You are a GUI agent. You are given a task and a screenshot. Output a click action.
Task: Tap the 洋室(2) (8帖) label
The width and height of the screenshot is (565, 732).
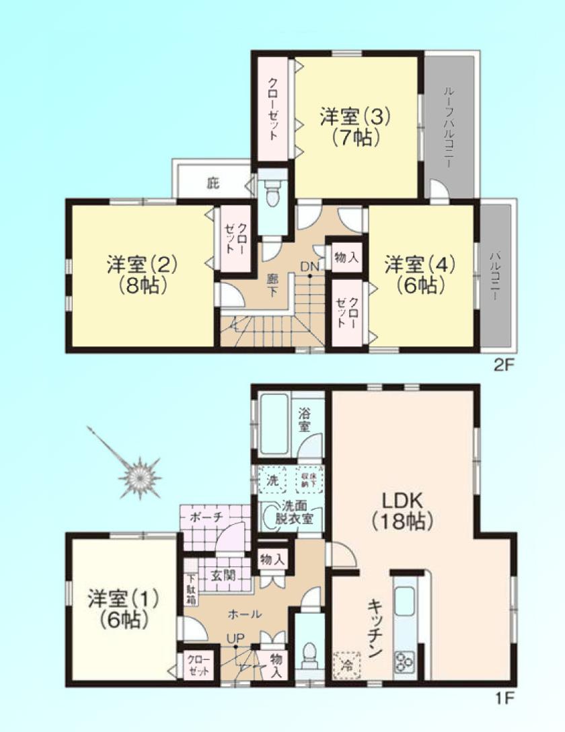click(x=141, y=274)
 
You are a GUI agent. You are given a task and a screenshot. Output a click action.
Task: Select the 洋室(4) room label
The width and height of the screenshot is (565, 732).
click(x=420, y=274)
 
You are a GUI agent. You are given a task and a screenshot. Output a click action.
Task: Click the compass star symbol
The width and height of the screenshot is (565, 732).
click(x=140, y=478)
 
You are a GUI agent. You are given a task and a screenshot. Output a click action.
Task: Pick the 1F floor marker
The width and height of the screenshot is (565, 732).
click(x=502, y=698)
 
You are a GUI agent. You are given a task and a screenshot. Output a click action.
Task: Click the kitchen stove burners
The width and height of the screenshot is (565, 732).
click(x=405, y=662)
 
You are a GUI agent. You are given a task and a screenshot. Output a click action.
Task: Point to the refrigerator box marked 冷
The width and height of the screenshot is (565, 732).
click(x=347, y=665)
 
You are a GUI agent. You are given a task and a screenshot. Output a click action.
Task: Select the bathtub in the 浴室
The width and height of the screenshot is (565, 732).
click(x=274, y=424)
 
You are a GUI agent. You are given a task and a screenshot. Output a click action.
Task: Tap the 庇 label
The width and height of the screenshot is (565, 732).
click(x=213, y=182)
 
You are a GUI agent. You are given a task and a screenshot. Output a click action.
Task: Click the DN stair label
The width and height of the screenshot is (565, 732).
click(x=309, y=266)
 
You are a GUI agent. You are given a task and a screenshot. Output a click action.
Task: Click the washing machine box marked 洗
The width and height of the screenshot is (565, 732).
click(x=272, y=480)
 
